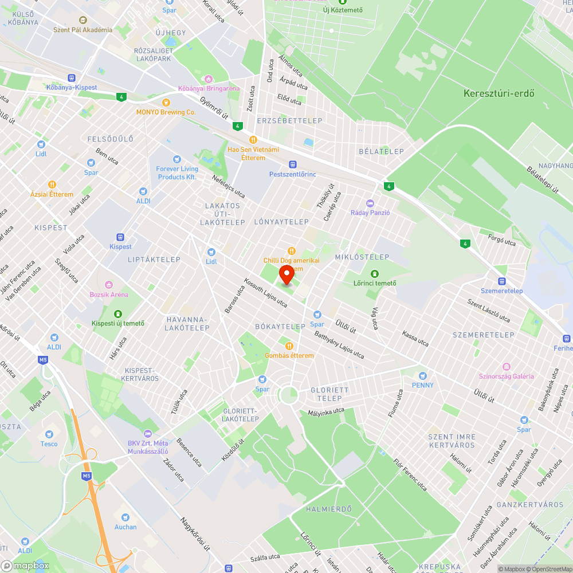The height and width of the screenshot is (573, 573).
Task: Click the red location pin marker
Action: click(x=286, y=275)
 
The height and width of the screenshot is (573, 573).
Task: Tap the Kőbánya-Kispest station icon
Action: click(x=72, y=78)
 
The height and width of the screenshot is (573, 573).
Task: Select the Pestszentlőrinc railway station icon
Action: click(x=292, y=164)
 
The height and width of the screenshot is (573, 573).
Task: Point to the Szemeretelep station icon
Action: click(x=502, y=281)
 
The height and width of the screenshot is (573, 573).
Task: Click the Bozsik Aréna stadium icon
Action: click(x=108, y=285)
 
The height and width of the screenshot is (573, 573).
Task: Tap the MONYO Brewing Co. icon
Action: click(x=166, y=103)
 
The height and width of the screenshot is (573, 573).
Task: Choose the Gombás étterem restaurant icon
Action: click(x=289, y=346)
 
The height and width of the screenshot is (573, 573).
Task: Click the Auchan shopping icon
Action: click(x=125, y=517)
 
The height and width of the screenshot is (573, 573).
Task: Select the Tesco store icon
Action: click(x=49, y=434)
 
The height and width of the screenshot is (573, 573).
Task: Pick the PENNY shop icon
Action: click(x=423, y=376)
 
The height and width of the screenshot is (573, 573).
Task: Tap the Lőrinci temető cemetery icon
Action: click(x=375, y=274)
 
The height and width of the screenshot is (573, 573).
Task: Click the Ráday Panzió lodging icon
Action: click(x=370, y=203)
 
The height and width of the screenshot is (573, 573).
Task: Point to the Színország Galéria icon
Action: click(x=506, y=367)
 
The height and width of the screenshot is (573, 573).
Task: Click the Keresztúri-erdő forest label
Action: click(x=499, y=93)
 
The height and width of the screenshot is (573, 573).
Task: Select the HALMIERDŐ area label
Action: click(x=328, y=509)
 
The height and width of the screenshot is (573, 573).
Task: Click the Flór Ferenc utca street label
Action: click(x=410, y=475)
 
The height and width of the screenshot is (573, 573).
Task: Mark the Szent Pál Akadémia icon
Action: click(x=83, y=20)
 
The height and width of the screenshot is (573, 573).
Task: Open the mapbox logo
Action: click(x=26, y=566)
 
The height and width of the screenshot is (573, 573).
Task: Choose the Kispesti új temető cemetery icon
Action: click(x=118, y=313)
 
